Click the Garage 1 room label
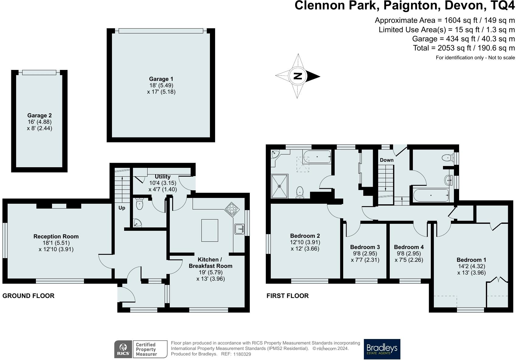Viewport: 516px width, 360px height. (x=161, y=79)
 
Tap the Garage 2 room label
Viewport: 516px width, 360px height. (x=39, y=116)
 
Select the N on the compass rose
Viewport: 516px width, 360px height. (x=298, y=76)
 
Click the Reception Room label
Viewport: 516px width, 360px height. (x=56, y=236)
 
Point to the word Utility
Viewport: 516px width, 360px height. (x=163, y=177)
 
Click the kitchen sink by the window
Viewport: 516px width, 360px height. (x=239, y=229)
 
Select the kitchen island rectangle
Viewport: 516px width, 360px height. (x=210, y=230)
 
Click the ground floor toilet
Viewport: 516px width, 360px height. (x=139, y=203)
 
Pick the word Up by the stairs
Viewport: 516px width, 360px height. (x=122, y=208)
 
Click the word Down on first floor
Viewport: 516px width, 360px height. (x=386, y=160)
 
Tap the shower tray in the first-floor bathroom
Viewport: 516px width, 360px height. (x=280, y=186)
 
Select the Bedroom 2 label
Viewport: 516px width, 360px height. (x=305, y=236)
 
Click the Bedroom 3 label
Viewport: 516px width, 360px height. (x=365, y=247)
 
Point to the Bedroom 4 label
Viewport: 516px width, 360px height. (x=409, y=247)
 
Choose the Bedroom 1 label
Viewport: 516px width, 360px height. (x=471, y=260)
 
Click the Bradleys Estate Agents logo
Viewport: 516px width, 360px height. (x=382, y=349)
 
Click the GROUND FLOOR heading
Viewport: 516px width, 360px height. (x=28, y=296)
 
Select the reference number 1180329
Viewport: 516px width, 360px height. (x=242, y=354)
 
